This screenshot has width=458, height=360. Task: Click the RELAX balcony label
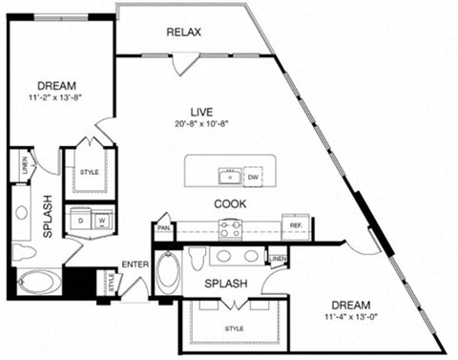pos(183,32)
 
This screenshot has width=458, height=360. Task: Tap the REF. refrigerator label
pos(297,227)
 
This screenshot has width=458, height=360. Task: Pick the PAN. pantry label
pos(164,229)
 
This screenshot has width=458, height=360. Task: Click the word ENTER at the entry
pos(134,265)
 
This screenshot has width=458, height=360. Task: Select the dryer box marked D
pos(81,221)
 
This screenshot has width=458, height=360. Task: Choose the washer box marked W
pos(102,221)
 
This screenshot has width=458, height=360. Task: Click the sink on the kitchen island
pos(228,177)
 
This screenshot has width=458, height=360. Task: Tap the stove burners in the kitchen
pos(230,227)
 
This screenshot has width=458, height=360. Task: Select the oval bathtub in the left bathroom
pos(37,284)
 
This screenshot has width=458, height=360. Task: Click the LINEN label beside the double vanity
pos(277,260)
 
